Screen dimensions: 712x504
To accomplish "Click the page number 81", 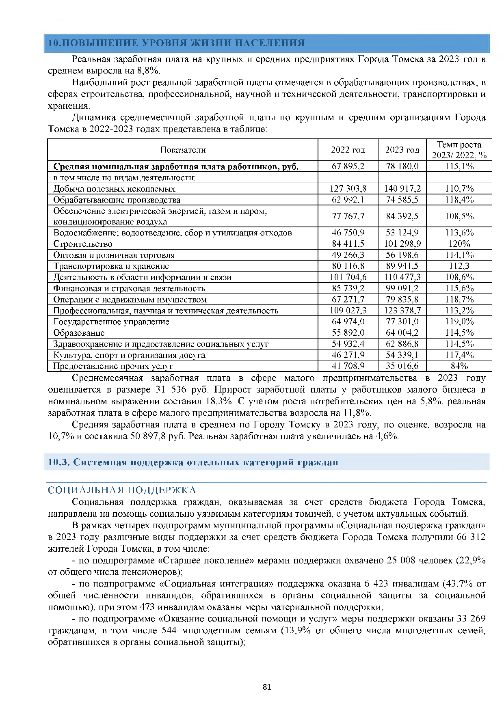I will coord(267,687).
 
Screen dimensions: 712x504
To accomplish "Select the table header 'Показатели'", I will coord(183,150).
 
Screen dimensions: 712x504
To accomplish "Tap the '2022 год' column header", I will coord(348,150).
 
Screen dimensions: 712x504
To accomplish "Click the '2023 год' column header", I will coord(402,150).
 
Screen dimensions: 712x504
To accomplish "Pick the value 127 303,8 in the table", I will coord(348,188).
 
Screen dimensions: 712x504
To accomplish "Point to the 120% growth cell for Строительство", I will coord(459,244).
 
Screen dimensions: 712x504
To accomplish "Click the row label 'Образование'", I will coord(79,332).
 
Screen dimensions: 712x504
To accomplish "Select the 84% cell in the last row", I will coord(459,366).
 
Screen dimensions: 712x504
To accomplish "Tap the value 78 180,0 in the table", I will coord(402,166).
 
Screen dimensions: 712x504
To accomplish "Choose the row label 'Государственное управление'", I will coord(111,321).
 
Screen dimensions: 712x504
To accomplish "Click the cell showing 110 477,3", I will coord(402,277).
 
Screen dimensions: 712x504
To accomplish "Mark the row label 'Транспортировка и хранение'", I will coord(111,266).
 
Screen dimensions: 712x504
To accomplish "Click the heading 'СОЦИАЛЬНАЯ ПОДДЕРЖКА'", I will coord(122,490).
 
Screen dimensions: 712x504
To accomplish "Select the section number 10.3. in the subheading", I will coord(59,462).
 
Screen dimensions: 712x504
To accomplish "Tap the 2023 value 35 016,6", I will coord(402,366).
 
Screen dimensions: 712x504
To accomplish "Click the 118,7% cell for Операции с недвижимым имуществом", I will coord(459,299).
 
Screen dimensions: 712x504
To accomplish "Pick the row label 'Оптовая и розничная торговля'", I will coord(114,255).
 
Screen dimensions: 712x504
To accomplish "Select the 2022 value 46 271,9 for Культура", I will coord(348,355).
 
